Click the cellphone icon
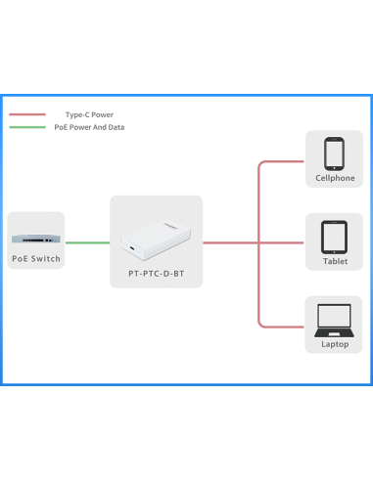point(335,154)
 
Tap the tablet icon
point(335,237)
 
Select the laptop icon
point(335,319)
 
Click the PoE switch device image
point(35,238)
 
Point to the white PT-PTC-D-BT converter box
point(157,241)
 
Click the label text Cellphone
point(335,179)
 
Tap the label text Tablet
point(335,262)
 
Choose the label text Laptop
point(335,344)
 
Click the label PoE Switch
point(36,259)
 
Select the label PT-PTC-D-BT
point(157,275)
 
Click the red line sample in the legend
point(27,114)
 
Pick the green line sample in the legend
point(27,127)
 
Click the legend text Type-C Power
point(89,114)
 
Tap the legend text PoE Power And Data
point(89,127)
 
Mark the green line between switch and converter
point(87,242)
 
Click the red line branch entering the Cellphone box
point(284,160)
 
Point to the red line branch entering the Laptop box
point(284,325)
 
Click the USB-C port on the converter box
point(130,246)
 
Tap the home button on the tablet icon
point(335,249)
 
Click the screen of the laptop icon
point(335,316)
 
